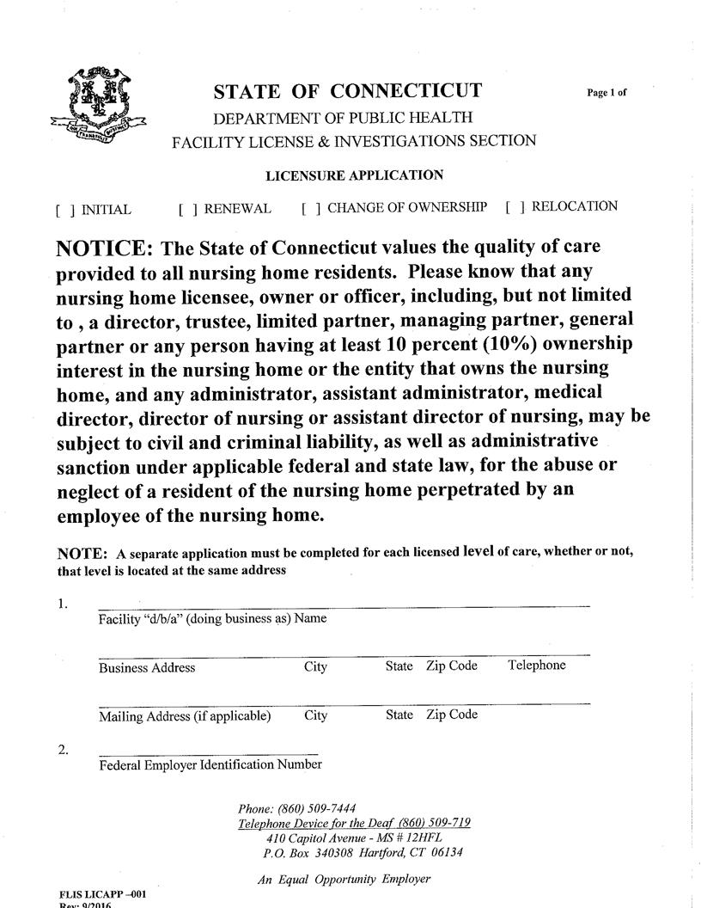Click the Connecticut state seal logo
click(x=97, y=105)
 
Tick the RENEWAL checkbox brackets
click(x=188, y=209)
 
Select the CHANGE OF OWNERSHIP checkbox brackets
click(x=311, y=208)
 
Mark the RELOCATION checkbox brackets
click(x=515, y=207)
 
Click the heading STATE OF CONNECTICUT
click(x=347, y=92)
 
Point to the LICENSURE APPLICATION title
click(x=354, y=175)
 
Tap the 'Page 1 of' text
click(x=607, y=93)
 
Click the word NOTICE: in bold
click(x=104, y=249)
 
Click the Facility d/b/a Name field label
click(x=212, y=619)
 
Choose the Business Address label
click(x=147, y=667)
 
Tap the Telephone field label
click(x=536, y=666)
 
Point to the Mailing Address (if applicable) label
click(x=185, y=715)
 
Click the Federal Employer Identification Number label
click(x=210, y=764)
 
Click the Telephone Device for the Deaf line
click(x=354, y=823)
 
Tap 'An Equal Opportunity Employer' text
click(x=344, y=879)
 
